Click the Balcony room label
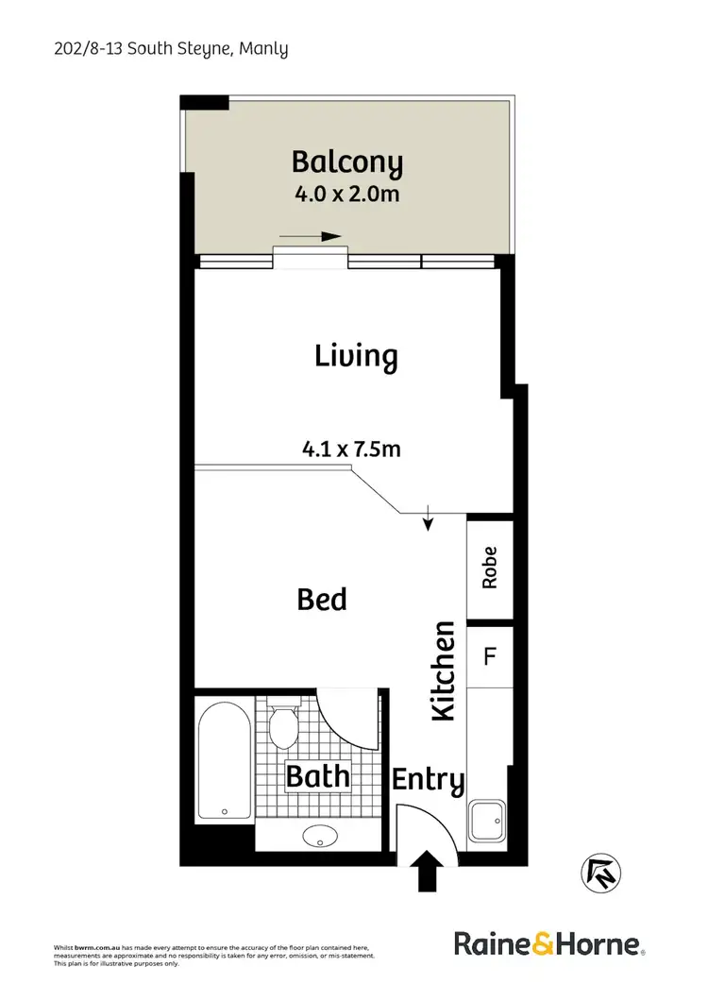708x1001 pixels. (346, 163)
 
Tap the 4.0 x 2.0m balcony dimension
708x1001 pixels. (346, 197)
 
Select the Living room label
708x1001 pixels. (356, 356)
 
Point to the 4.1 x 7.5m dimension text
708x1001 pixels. (351, 450)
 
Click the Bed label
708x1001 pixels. (322, 599)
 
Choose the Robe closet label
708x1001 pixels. (489, 568)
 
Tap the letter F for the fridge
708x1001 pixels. (489, 655)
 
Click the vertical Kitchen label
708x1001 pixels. (444, 671)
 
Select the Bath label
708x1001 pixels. (318, 777)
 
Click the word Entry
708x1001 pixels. (429, 781)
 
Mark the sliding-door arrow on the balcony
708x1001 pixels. (310, 237)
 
